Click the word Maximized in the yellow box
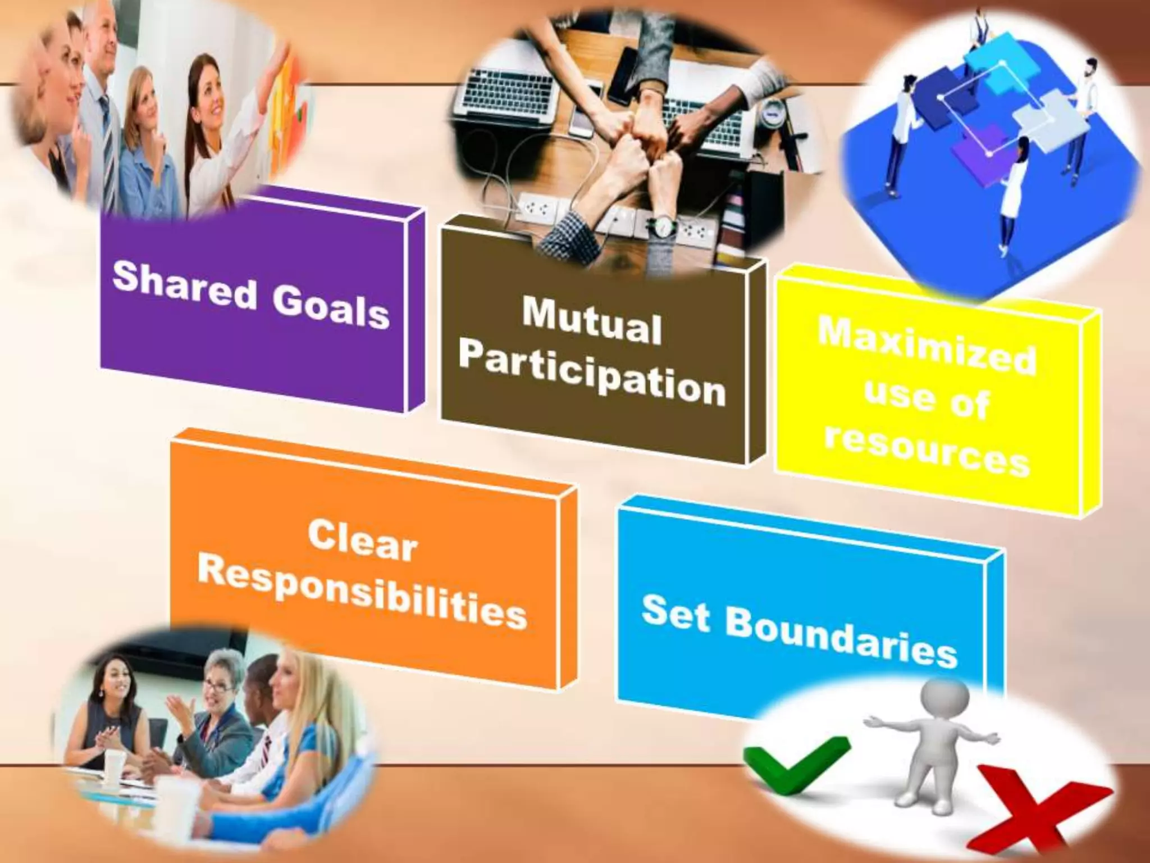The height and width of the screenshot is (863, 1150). pos(927,346)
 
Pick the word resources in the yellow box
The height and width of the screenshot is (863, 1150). pos(927,455)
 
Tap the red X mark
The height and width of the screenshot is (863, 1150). pos(1044,809)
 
